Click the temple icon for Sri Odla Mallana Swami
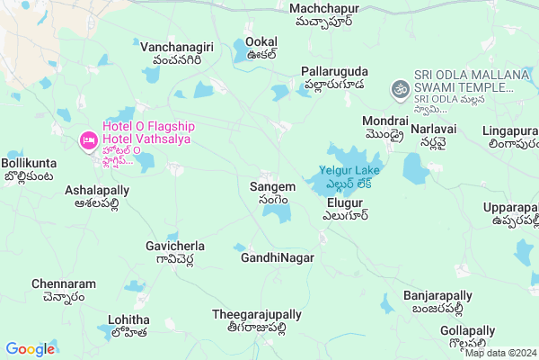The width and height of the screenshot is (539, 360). pos(398,88)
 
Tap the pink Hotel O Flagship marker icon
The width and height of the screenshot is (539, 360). pos(88,140)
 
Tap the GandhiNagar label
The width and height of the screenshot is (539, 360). pos(277,258)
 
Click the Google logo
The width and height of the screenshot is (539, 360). pos(30,349)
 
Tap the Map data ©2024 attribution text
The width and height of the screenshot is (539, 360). pos(499,353)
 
